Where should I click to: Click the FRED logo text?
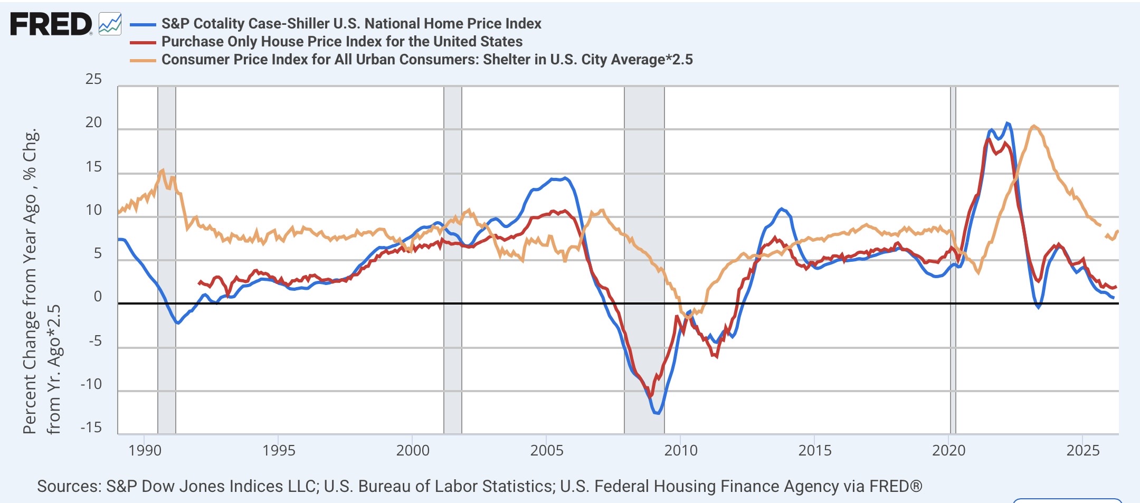point(51,24)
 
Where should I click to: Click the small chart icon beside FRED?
point(110,24)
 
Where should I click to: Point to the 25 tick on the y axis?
point(93,79)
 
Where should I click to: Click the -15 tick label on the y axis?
point(91,427)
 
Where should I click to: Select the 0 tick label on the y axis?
point(98,297)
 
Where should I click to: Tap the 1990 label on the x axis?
point(145,450)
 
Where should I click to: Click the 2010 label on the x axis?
point(681,450)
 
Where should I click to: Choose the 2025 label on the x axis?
point(1083,450)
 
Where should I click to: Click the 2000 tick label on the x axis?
point(413,450)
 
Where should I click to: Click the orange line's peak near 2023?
point(1033,126)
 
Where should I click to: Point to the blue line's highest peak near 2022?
point(1007,123)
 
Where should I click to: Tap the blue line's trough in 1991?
point(178,323)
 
